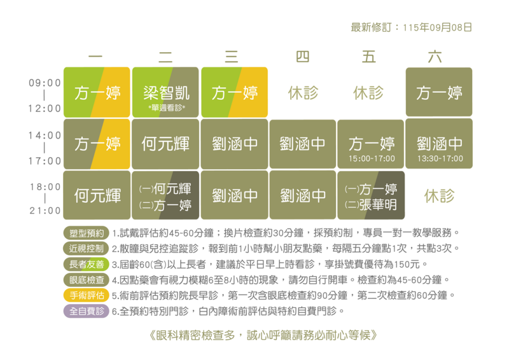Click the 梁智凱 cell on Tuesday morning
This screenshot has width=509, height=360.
tap(165, 92)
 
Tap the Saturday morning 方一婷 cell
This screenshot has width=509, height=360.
tap(439, 92)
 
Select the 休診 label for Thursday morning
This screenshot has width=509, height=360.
tap(303, 93)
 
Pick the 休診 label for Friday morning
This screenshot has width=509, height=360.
tap(368, 93)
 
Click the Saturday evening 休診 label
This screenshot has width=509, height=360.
tap(439, 196)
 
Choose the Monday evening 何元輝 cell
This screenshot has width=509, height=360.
tap(97, 195)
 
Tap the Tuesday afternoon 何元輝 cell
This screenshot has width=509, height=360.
tap(165, 144)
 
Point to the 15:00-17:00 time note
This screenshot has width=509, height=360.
tap(372, 159)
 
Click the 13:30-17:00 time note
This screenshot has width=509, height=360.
tap(440, 159)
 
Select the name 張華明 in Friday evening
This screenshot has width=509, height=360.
tap(378, 205)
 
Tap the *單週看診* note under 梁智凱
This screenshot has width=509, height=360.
tap(167, 107)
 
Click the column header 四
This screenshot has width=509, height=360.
tap(303, 57)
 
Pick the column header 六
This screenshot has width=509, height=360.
tap(435, 57)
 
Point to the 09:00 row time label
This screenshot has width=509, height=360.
tap(45, 83)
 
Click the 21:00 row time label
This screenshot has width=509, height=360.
tap(45, 211)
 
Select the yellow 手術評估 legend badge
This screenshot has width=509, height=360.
tap(87, 295)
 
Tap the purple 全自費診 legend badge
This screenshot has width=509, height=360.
tap(87, 311)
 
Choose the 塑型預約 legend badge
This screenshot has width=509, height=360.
tap(87, 233)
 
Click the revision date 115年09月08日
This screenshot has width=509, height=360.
tap(437, 27)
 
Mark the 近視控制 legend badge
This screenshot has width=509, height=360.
tap(87, 249)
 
